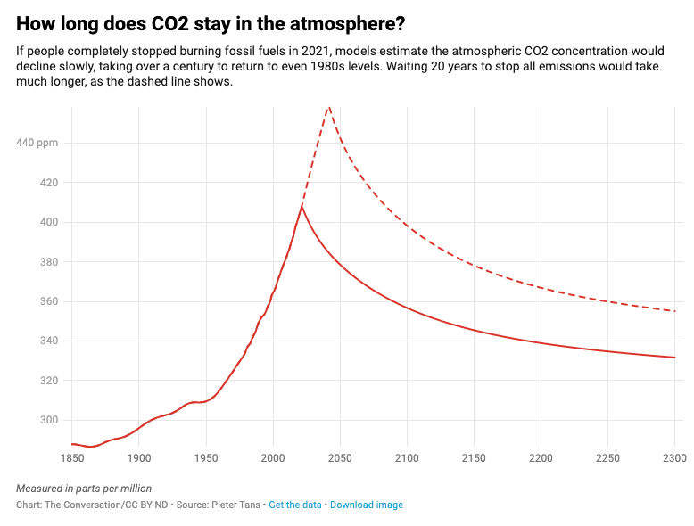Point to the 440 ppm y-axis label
pyautogui.click(x=37, y=143)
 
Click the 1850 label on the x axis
pyautogui.click(x=72, y=458)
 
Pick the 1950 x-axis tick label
pyautogui.click(x=206, y=458)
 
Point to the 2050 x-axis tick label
pyautogui.click(x=340, y=458)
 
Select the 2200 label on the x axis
pyautogui.click(x=541, y=458)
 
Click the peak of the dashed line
pyautogui.click(x=329, y=105)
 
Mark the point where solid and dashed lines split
pyautogui.click(x=302, y=205)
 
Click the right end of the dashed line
pyautogui.click(x=675, y=311)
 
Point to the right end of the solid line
pyautogui.click(x=675, y=358)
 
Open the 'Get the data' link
pyautogui.click(x=295, y=505)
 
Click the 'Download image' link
pyautogui.click(x=367, y=505)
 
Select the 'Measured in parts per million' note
pyautogui.click(x=84, y=489)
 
